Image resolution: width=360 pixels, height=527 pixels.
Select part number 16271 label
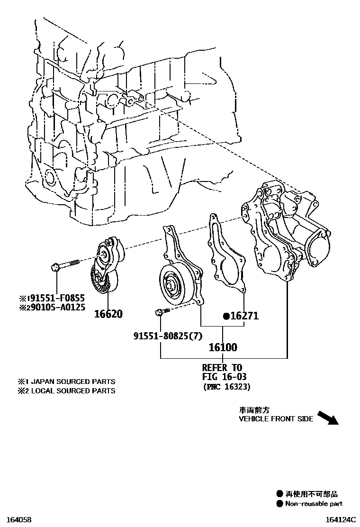pyautogui.click(x=244, y=316)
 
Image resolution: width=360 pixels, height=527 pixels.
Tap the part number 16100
pyautogui.click(x=223, y=347)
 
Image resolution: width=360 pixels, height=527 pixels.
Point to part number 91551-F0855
pyautogui.click(x=54, y=298)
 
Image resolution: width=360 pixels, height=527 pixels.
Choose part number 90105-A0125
pyautogui.click(x=54, y=307)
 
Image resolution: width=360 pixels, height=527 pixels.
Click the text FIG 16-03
pyautogui.click(x=225, y=377)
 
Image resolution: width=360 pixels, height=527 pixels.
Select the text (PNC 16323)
pyautogui.click(x=226, y=387)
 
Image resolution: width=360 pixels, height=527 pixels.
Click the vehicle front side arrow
pyautogui.click(x=326, y=418)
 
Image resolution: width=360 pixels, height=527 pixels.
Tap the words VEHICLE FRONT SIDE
pyautogui.click(x=276, y=419)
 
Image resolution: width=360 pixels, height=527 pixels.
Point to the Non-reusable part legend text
pyautogui.click(x=314, y=504)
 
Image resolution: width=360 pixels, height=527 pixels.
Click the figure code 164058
pyautogui.click(x=18, y=520)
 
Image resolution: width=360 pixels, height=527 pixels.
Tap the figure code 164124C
pyautogui.click(x=341, y=520)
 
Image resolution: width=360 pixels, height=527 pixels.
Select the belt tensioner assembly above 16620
pyautogui.click(x=107, y=268)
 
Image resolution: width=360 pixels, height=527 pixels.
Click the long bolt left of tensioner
pyautogui.click(x=66, y=264)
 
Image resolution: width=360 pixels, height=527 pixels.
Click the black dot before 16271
pyautogui.click(x=226, y=316)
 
